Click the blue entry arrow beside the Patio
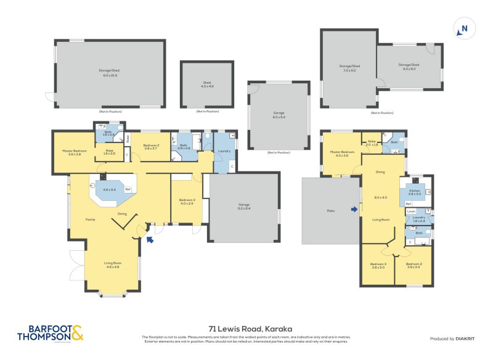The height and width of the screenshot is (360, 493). [354, 210]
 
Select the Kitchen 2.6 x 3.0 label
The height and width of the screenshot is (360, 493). [414, 192]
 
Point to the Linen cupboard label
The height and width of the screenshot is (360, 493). [412, 211]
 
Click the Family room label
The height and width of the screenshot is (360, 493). [90, 219]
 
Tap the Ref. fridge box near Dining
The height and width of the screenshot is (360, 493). [128, 190]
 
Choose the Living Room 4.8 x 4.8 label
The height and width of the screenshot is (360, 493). [112, 265]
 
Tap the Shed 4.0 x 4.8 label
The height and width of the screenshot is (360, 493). [206, 85]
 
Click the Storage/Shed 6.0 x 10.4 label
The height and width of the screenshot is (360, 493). [110, 73]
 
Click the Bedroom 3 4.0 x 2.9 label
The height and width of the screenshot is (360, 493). [187, 202]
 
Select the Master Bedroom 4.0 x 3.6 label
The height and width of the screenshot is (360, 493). [342, 153]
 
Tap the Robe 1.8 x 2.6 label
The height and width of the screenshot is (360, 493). [109, 152]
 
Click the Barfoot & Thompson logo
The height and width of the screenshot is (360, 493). [49, 333]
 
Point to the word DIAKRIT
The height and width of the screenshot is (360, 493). [465, 339]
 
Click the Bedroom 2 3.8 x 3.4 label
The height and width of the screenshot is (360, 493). [414, 266]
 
